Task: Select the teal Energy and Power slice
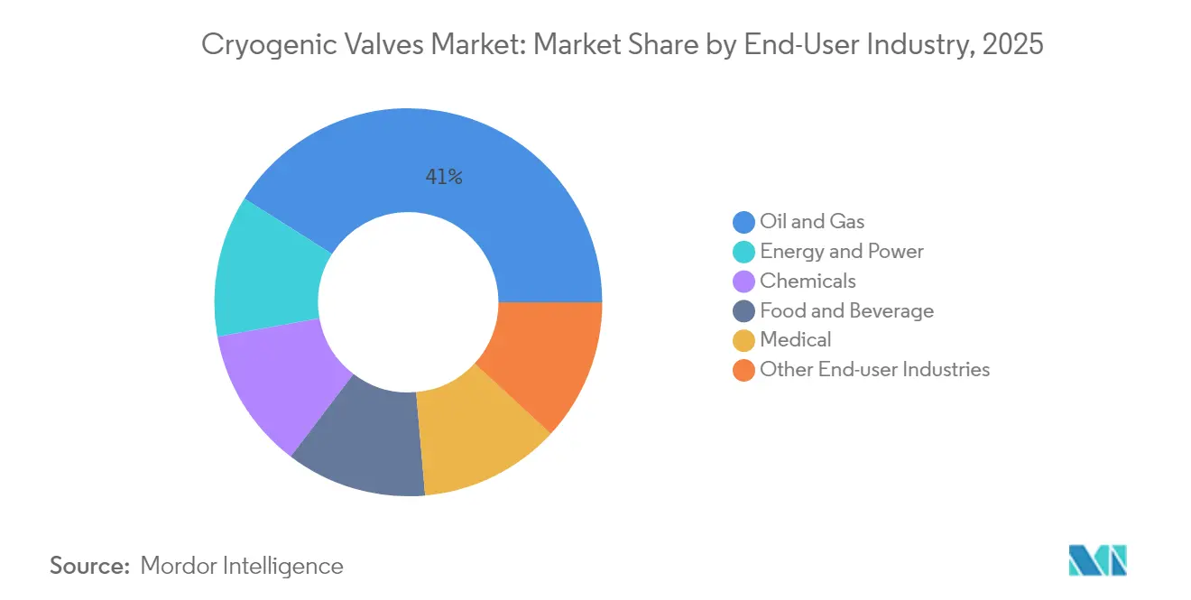tap(266, 271)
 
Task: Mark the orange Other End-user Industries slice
tap(546, 361)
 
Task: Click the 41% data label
tap(444, 178)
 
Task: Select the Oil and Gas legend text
tap(812, 221)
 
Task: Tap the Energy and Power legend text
tap(842, 251)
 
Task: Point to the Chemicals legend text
tap(808, 281)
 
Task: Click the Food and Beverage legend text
tap(846, 310)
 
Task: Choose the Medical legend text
tap(795, 339)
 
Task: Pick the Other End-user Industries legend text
tap(874, 369)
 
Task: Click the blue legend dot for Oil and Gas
tap(744, 222)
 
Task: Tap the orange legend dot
tap(744, 370)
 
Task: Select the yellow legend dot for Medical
tap(744, 340)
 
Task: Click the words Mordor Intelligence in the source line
tap(242, 566)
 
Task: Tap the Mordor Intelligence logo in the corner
tap(1097, 560)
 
